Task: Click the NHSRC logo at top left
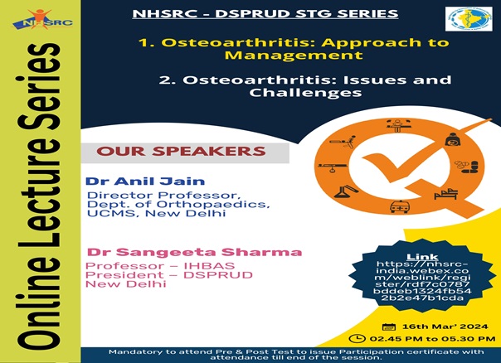click(x=42, y=20)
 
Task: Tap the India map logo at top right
click(x=469, y=19)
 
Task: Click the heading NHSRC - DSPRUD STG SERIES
click(x=265, y=14)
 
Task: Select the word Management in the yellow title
click(x=294, y=55)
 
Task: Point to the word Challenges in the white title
click(x=305, y=93)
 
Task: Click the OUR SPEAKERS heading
click(x=181, y=152)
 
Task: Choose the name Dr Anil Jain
click(x=145, y=181)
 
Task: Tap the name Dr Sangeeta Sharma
click(x=195, y=252)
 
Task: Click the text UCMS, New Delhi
click(x=157, y=213)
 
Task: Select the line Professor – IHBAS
click(x=160, y=266)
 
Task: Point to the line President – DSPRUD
click(x=169, y=275)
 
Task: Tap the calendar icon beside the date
click(x=389, y=327)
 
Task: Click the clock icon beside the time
click(x=358, y=338)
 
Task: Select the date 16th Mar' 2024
click(x=445, y=327)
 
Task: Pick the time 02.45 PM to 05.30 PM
click(x=432, y=339)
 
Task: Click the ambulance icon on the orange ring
click(x=399, y=206)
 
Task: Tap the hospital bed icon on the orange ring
click(x=446, y=194)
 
